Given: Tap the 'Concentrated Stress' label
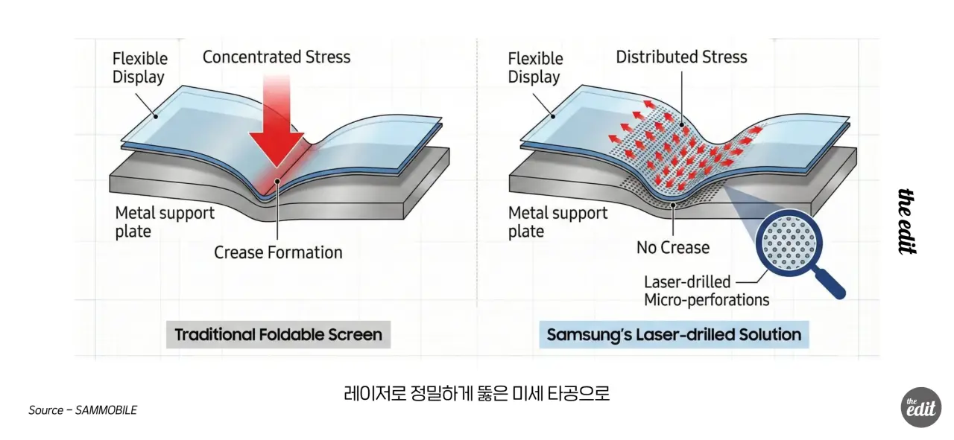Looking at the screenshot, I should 276,57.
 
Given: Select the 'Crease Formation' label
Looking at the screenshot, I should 278,252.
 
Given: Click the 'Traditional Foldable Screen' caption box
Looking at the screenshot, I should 278,334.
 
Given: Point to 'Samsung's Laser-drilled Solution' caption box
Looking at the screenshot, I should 674,334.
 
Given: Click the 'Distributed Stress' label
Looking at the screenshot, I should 681,57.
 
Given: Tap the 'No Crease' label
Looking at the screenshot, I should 672,247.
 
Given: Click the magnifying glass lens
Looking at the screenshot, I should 789,242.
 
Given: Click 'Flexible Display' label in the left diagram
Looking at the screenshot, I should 140,68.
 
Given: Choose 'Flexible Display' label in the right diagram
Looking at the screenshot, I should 536,68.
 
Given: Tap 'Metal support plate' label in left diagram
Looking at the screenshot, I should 164,222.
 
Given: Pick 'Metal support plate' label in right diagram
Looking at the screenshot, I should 557,222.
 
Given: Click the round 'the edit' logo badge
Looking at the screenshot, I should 920,407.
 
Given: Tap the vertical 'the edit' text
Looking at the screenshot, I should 907,221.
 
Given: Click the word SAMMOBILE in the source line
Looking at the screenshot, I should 106,410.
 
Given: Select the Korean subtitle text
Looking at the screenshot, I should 477,392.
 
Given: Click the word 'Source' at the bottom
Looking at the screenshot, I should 45,410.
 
